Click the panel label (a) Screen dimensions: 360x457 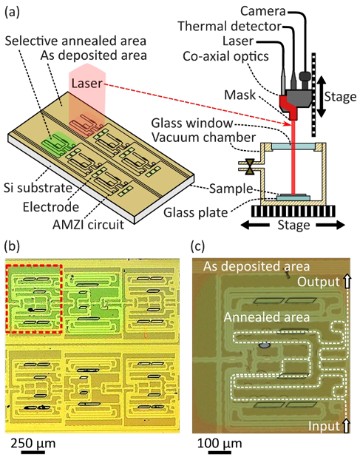tap(13, 12)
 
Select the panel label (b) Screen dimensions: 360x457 tap(13, 246)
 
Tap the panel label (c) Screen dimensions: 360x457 tap(198, 246)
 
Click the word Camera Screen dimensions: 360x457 tap(263, 11)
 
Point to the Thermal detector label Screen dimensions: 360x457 tap(230, 26)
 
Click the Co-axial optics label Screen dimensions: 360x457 tap(225, 56)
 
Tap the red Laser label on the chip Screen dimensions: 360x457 tap(86, 84)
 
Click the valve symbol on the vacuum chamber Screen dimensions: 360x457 tap(250, 166)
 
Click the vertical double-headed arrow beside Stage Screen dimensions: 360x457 tap(322, 97)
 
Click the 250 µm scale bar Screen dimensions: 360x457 tap(33, 453)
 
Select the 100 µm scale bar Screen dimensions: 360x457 tap(220, 453)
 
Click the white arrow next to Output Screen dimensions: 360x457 tap(346, 282)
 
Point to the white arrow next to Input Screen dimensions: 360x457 tap(346, 426)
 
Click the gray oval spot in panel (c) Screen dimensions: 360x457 tap(265, 345)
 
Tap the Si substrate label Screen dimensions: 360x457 tap(38, 188)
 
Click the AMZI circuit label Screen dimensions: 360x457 tap(88, 225)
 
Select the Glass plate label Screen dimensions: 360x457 tap(195, 212)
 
